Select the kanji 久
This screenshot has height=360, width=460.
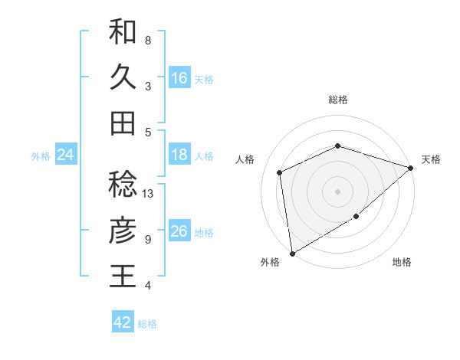[123, 77]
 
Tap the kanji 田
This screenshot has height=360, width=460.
[123, 123]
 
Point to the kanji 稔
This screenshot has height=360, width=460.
[123, 185]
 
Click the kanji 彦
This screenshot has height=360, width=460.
[123, 231]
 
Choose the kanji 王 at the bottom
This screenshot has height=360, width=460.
[123, 276]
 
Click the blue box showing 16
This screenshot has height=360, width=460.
[179, 78]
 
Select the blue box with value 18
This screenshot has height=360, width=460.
[179, 155]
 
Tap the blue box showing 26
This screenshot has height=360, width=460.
[179, 231]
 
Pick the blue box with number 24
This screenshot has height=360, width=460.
[65, 155]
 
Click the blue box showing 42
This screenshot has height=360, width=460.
[123, 322]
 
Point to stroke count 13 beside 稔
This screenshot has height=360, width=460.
[149, 194]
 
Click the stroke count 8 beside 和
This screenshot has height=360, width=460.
[148, 40]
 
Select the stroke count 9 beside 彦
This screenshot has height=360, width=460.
[148, 240]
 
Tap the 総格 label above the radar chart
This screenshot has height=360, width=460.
[337, 100]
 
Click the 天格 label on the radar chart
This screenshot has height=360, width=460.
[431, 159]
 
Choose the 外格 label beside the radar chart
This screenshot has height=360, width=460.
[270, 263]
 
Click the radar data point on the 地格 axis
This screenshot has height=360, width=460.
[356, 217]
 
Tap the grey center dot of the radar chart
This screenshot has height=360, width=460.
[337, 191]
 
